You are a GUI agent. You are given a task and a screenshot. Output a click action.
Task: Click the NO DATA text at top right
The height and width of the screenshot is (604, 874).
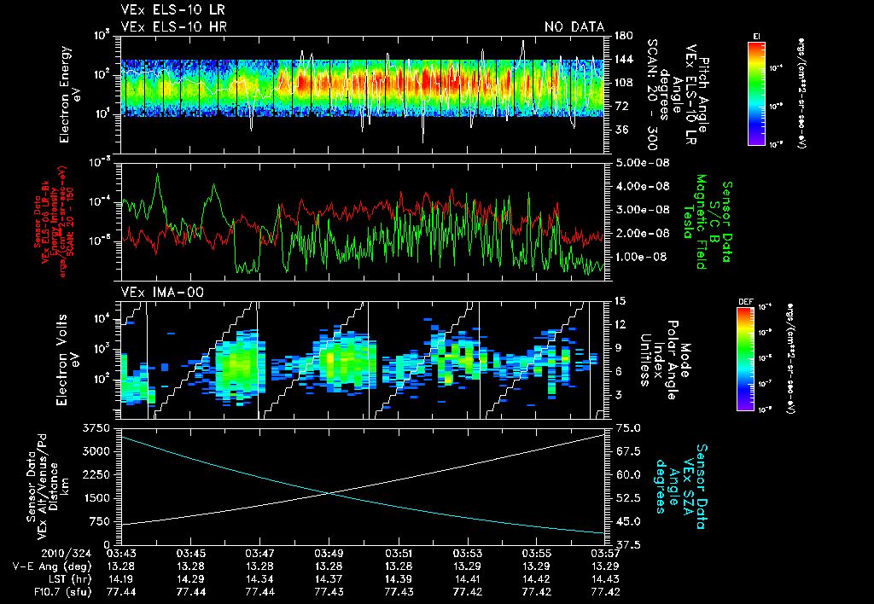click(x=574, y=27)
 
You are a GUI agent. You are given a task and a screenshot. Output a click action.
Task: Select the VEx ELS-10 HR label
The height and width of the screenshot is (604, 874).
click(x=165, y=27)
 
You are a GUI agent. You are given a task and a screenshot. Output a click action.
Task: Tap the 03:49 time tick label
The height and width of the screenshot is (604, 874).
click(x=330, y=552)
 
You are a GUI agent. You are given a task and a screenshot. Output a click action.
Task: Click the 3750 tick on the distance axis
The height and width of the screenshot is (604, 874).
click(x=98, y=427)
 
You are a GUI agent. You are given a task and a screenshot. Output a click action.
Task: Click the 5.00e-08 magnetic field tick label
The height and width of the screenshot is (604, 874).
click(x=640, y=163)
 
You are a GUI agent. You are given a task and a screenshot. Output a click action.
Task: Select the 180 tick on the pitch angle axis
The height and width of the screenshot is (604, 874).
click(x=621, y=36)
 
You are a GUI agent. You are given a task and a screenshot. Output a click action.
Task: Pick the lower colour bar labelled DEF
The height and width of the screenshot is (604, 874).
click(x=745, y=358)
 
